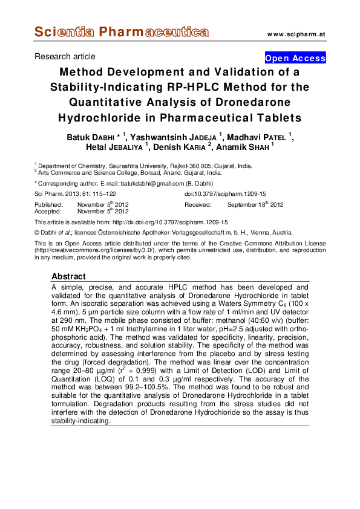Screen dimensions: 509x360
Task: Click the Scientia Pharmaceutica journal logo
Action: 122,32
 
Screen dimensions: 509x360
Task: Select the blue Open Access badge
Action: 295,59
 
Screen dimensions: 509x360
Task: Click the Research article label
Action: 65,57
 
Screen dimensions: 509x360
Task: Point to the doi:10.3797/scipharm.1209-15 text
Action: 225,193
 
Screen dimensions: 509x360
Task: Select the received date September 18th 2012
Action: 255,205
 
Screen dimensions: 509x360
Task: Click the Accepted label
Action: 49,212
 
